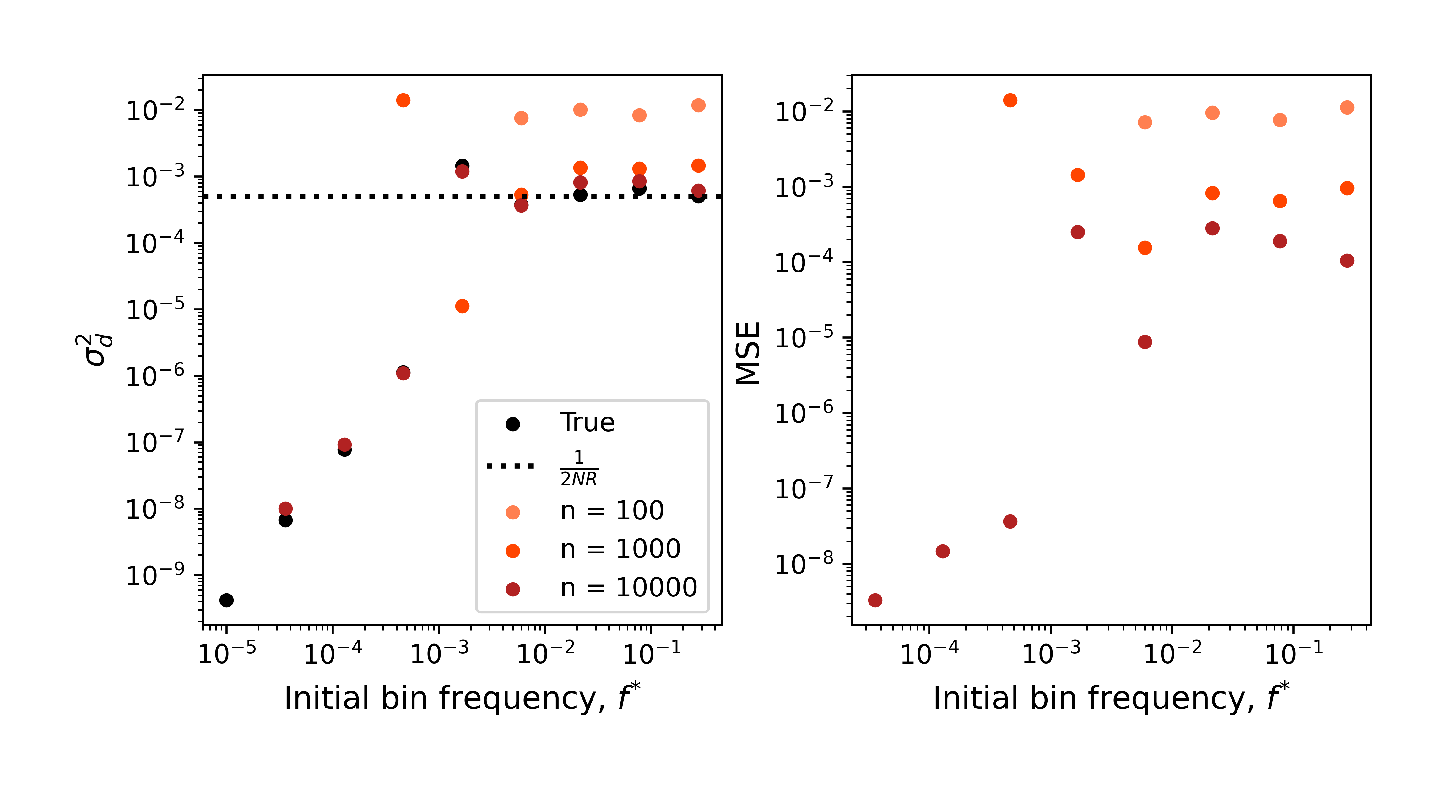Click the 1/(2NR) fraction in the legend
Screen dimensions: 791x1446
[579, 468]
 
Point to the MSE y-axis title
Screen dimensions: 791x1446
[748, 353]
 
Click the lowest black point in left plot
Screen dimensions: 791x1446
[226, 600]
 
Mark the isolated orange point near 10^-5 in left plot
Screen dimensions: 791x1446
[462, 306]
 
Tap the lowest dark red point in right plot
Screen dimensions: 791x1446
[875, 600]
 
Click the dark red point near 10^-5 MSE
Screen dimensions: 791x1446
[1145, 342]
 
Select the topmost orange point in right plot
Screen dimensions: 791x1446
[1010, 100]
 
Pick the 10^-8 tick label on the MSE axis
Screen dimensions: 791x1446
[804, 564]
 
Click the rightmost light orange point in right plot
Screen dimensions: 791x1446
[1347, 108]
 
